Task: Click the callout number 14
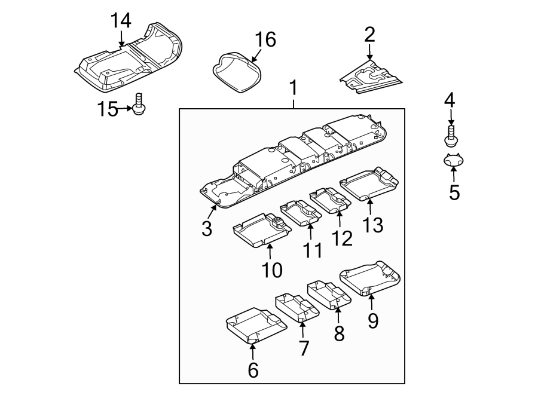120,20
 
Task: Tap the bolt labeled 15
140,105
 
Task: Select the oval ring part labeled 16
237,71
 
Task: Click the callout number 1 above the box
293,88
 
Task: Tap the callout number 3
207,228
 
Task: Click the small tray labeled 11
301,213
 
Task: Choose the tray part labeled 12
330,200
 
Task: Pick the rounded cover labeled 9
369,278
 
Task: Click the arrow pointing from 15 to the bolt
126,108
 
